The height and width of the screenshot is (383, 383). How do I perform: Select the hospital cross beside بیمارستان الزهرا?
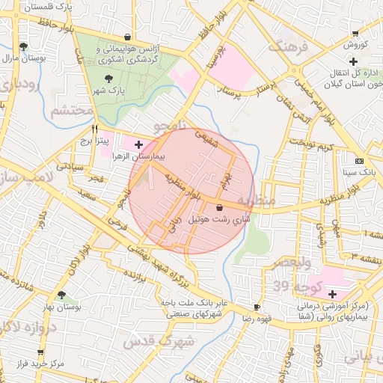tap(138, 143)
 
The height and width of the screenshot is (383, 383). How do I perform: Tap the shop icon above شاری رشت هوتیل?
tap(219, 207)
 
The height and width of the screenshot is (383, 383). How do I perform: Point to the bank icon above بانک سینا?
tap(359, 161)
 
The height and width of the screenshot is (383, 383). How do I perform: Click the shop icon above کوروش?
tap(354, 34)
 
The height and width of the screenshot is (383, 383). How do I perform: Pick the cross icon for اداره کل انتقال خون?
tap(332, 75)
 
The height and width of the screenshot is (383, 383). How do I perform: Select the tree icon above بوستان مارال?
tap(24, 46)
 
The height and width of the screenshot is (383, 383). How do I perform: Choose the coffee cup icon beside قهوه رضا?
tap(257, 307)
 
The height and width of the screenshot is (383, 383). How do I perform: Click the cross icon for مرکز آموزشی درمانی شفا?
tap(332, 294)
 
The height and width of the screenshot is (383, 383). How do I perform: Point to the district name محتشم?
tap(72, 111)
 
